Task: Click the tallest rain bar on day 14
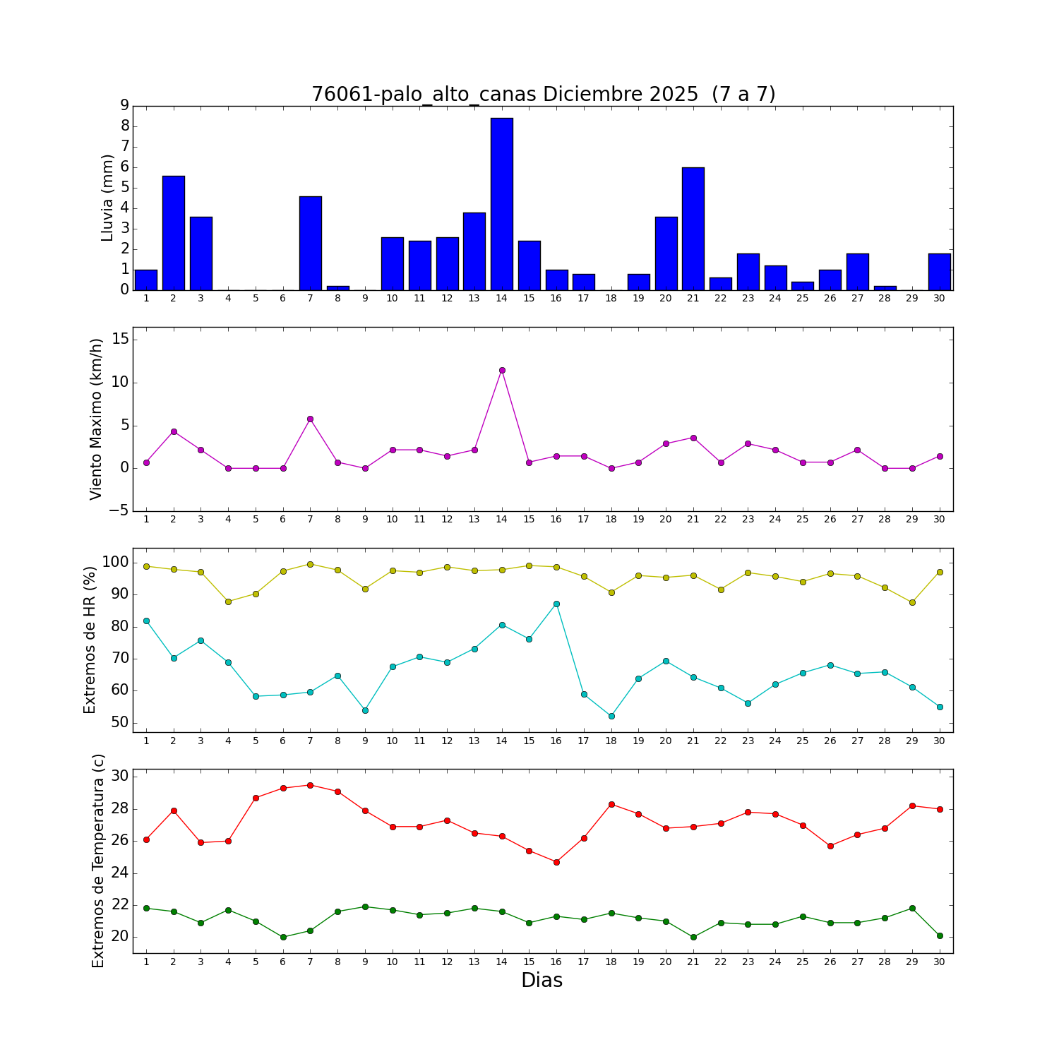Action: pyautogui.click(x=502, y=204)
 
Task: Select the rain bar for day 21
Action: pyautogui.click(x=693, y=229)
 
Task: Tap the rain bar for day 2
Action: pyautogui.click(x=174, y=233)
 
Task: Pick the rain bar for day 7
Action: pyautogui.click(x=311, y=243)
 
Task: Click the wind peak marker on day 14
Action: pyautogui.click(x=502, y=370)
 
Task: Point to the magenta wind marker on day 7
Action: pyautogui.click(x=310, y=419)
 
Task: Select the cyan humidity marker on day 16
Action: pyautogui.click(x=556, y=604)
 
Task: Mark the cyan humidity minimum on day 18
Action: pyautogui.click(x=611, y=716)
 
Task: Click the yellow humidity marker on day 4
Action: pyautogui.click(x=228, y=602)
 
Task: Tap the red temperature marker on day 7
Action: pyautogui.click(x=310, y=785)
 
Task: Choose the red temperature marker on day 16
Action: pyautogui.click(x=556, y=862)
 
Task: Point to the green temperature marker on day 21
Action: pyautogui.click(x=693, y=937)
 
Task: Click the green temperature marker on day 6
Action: pyautogui.click(x=283, y=937)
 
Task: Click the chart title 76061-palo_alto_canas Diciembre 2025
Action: pyautogui.click(x=544, y=94)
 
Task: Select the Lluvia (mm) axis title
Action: pyautogui.click(x=107, y=198)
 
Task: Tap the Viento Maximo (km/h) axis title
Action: pyautogui.click(x=97, y=419)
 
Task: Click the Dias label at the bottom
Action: pyautogui.click(x=542, y=980)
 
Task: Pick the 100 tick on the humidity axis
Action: pyautogui.click(x=115, y=563)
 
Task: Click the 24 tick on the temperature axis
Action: pyautogui.click(x=119, y=873)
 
